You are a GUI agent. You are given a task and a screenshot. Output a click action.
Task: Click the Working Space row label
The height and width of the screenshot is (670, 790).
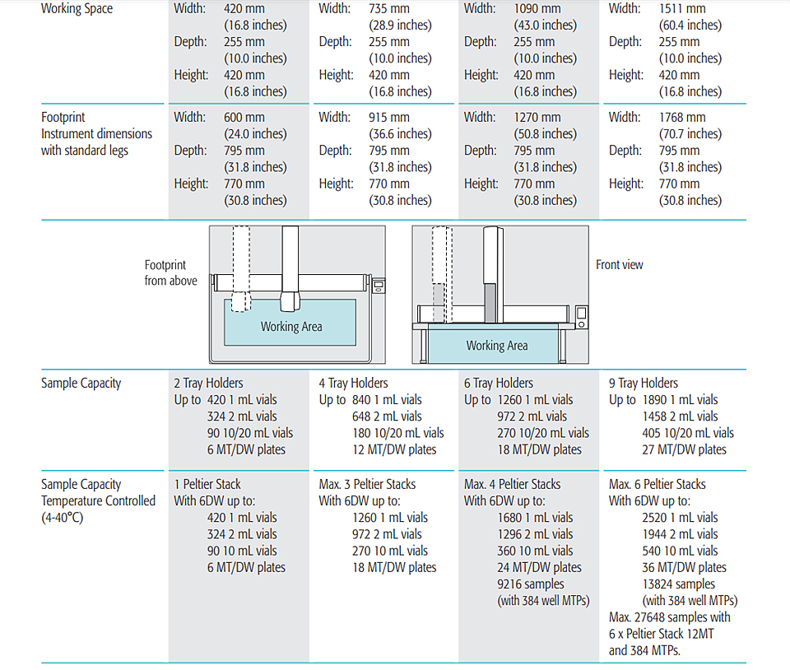coord(77,8)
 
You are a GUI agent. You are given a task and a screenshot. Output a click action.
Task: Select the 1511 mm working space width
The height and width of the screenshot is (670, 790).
coord(681,8)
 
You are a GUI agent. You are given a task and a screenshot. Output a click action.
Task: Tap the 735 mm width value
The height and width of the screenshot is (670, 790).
coord(388,8)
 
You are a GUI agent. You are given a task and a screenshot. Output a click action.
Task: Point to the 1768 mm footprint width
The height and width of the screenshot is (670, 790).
coord(681,118)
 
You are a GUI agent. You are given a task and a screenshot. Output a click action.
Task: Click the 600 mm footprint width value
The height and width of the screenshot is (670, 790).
coord(244,118)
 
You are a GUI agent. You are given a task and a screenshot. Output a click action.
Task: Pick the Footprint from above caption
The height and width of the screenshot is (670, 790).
coord(170,272)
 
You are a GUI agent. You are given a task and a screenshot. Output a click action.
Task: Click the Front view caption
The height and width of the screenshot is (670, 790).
coord(619,265)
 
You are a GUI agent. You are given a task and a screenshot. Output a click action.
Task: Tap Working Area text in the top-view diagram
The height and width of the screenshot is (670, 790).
coord(291,327)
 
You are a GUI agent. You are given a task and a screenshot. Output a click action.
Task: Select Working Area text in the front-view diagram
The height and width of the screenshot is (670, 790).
coord(497,346)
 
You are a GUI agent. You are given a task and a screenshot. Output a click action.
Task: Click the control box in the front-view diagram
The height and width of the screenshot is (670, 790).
coord(582,318)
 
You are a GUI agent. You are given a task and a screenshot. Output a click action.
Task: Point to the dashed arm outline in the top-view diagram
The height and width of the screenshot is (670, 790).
coord(241,268)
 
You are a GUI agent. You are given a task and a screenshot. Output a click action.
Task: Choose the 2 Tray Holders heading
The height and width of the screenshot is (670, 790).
coord(208,384)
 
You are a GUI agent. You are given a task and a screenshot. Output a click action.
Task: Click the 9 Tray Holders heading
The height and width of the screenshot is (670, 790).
coord(643,384)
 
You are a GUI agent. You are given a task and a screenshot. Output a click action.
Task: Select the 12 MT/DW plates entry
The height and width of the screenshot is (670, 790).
coord(394,450)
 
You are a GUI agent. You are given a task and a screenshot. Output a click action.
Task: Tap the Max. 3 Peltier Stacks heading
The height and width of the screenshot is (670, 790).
coord(367,485)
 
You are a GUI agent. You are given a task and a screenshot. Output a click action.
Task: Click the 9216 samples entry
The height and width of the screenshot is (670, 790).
coord(531,584)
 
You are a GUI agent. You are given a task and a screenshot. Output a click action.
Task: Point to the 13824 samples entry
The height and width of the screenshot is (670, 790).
coord(678,584)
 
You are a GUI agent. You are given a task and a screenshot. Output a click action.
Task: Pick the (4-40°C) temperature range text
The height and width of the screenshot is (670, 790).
coord(62,518)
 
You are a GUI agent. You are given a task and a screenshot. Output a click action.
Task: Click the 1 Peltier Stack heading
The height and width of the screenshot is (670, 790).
coord(207,485)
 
